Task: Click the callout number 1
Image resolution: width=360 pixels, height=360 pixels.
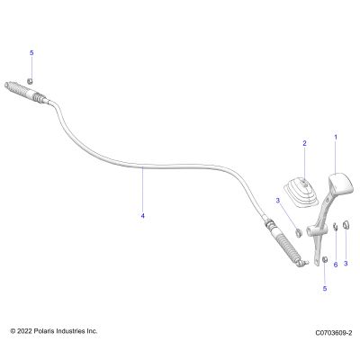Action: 336,138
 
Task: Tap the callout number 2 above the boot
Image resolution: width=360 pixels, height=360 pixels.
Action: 304,143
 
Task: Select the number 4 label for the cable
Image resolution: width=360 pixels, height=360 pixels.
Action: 143,216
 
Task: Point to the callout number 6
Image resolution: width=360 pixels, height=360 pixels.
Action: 336,265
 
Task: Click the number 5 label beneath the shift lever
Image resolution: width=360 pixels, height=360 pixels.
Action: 325,289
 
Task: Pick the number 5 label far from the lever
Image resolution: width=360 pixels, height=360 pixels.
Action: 31,53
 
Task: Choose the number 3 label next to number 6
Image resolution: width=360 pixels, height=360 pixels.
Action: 346,264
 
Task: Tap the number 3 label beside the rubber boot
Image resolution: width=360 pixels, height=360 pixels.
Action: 278,200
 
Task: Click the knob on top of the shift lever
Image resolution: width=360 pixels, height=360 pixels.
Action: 341,184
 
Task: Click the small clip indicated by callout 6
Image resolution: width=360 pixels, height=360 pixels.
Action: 336,227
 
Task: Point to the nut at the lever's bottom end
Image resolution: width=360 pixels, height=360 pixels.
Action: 325,259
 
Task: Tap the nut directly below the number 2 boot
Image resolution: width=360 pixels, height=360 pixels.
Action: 298,232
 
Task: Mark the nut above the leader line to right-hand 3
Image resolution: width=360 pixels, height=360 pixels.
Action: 346,224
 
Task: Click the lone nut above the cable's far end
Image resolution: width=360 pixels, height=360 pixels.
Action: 30,81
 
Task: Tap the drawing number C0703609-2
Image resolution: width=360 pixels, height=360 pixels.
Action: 334,333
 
